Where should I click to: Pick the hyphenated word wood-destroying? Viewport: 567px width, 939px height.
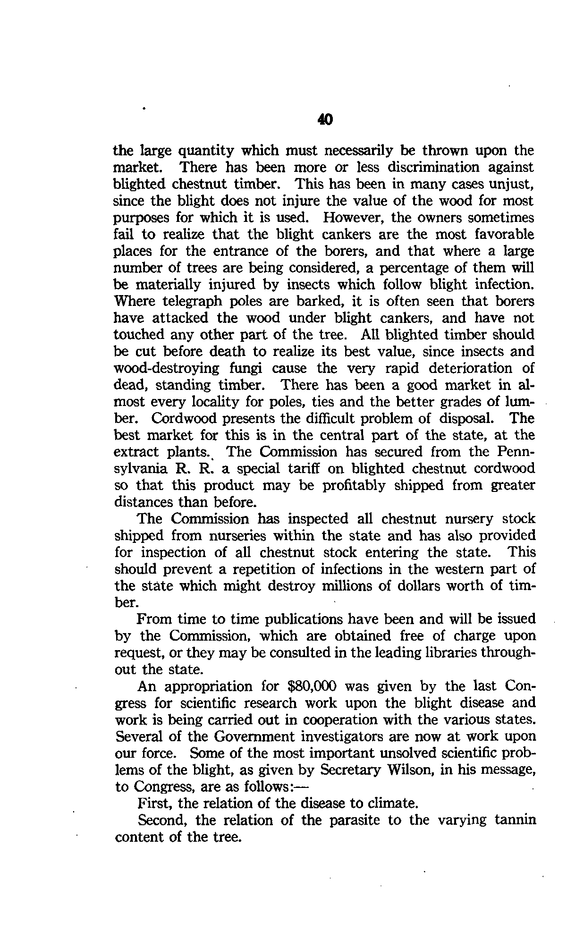[x=167, y=368]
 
